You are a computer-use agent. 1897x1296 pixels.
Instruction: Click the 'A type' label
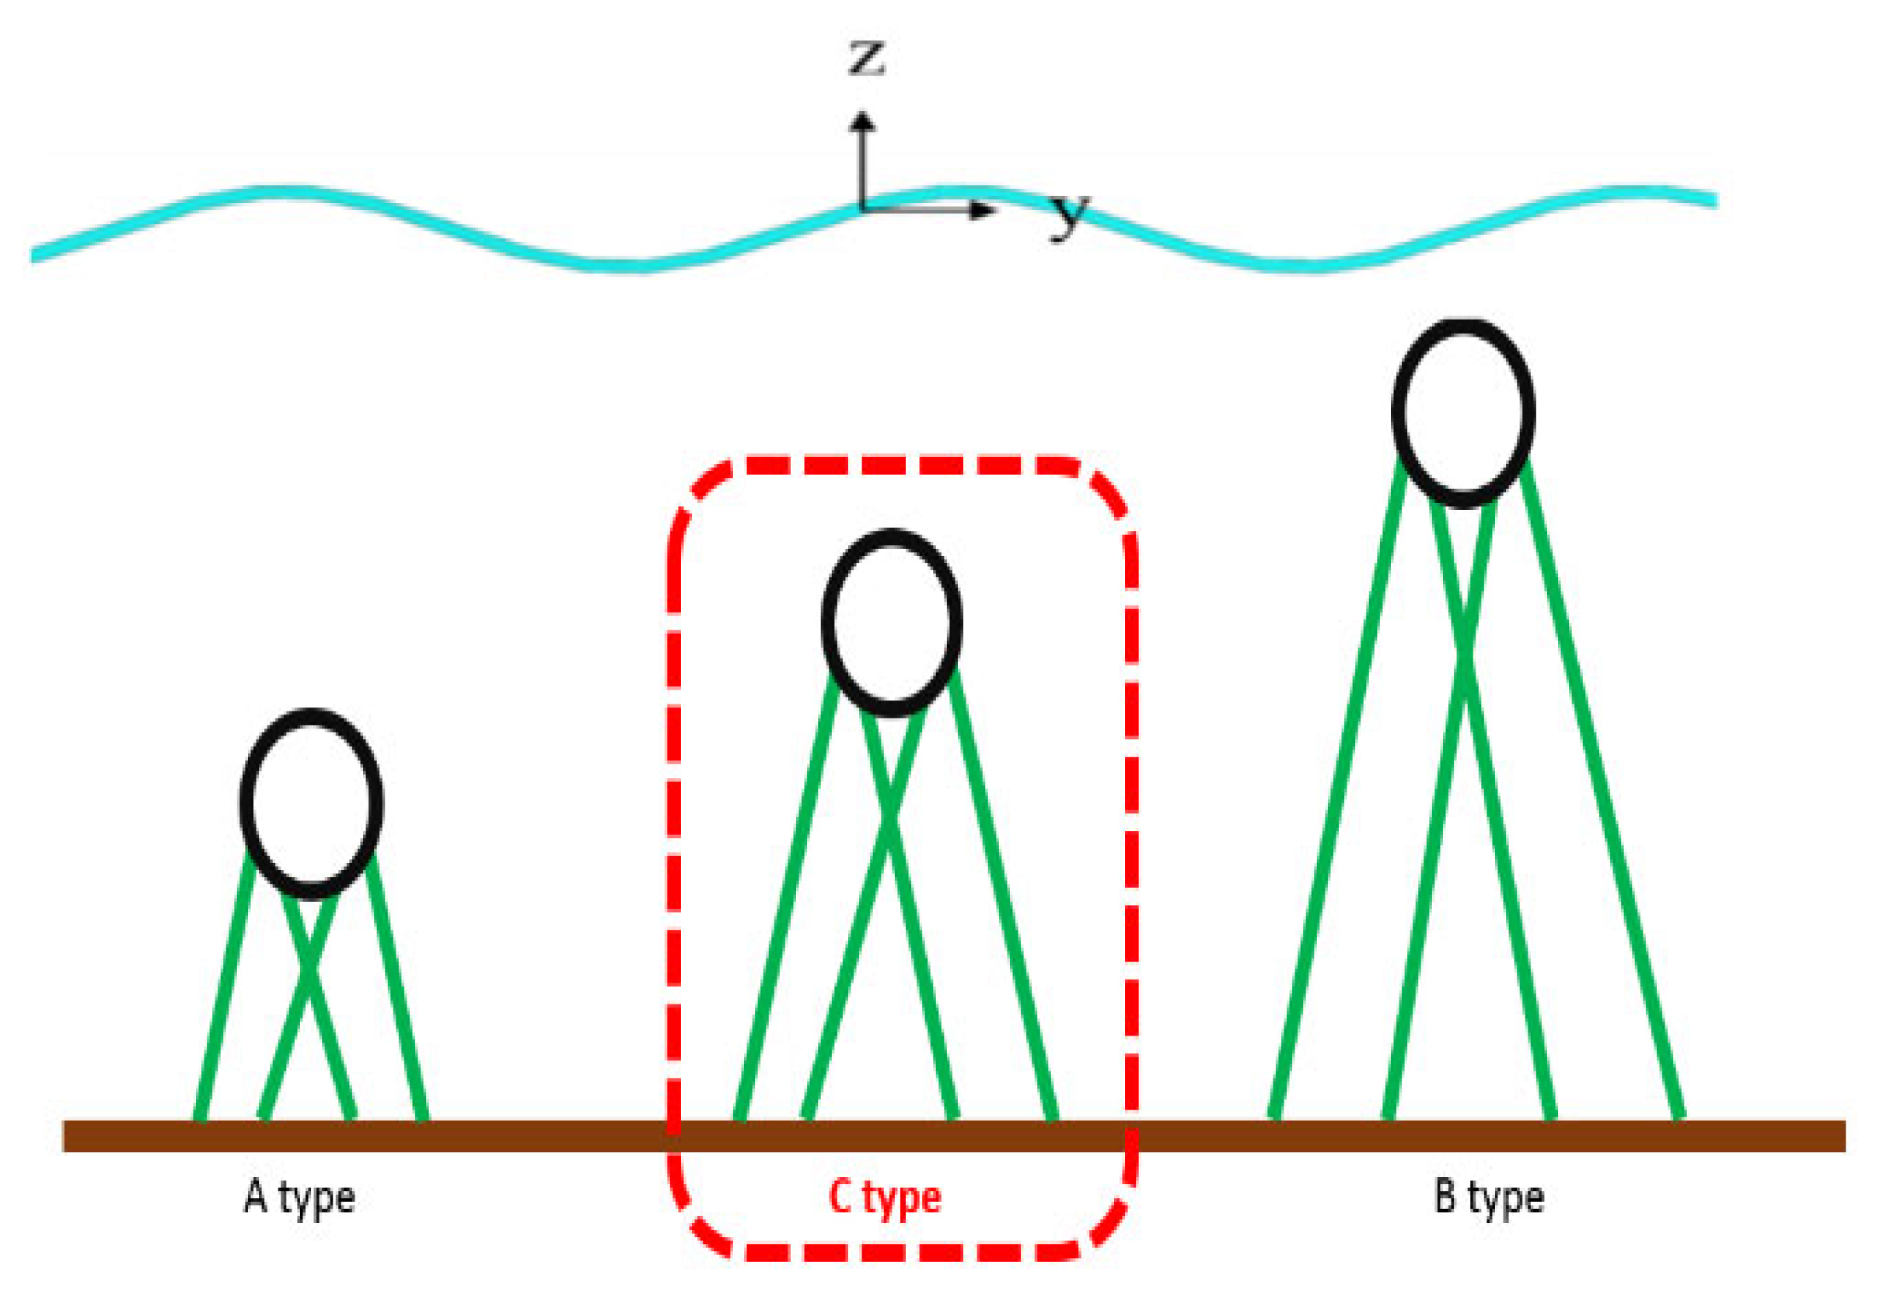pyautogui.click(x=299, y=1198)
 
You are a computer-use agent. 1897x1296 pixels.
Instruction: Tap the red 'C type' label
pyautogui.click(x=885, y=1198)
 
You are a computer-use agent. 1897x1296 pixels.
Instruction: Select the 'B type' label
pyautogui.click(x=1489, y=1198)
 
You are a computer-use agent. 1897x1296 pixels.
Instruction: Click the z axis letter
pyautogui.click(x=865, y=59)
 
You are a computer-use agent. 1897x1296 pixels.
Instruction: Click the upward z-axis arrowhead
pyautogui.click(x=862, y=122)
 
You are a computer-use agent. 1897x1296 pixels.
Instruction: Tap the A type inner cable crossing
pyautogui.click(x=309, y=971)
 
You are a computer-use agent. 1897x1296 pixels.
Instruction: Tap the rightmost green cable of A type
pyautogui.click(x=397, y=987)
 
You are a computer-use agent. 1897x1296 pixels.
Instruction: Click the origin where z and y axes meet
pyautogui.click(x=862, y=210)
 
